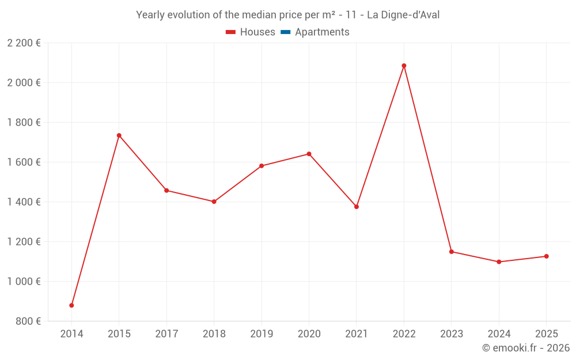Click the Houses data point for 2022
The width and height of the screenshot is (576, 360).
(x=404, y=66)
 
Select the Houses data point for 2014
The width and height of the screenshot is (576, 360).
(x=71, y=305)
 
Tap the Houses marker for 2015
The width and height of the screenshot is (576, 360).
(x=119, y=135)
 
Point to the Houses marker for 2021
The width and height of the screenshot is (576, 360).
(x=357, y=207)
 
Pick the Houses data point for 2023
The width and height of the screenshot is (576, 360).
(x=452, y=252)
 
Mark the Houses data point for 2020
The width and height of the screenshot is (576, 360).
(x=309, y=154)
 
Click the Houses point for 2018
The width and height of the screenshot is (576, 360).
(x=214, y=202)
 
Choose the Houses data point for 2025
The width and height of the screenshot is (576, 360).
(x=546, y=256)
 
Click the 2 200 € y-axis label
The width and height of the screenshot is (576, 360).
(x=24, y=43)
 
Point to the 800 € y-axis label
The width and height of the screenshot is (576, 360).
(x=28, y=321)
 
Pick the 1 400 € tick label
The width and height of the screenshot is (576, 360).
(x=24, y=202)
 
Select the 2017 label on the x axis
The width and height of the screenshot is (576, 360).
(x=166, y=334)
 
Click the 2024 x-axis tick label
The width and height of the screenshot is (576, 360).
(x=499, y=334)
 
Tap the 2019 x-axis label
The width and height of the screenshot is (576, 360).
(x=262, y=334)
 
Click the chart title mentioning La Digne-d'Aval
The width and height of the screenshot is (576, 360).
(x=287, y=15)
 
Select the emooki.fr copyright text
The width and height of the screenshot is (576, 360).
(x=525, y=348)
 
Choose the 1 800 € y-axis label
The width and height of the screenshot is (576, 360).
(x=24, y=123)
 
